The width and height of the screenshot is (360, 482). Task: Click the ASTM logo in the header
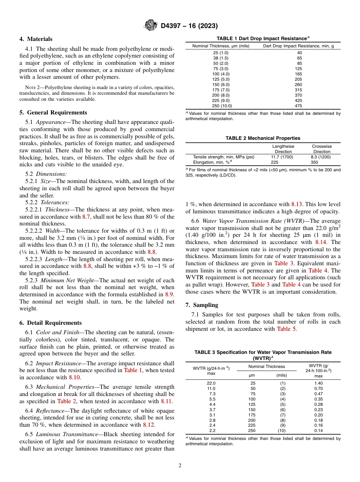point(151,26)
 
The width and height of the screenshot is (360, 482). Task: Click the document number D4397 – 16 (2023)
point(189,26)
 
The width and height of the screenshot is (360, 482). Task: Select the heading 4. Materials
point(36,39)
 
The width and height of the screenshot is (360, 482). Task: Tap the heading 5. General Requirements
point(53,113)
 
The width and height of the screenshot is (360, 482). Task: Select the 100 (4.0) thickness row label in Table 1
point(221,74)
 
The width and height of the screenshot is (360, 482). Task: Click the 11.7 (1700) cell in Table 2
point(283,156)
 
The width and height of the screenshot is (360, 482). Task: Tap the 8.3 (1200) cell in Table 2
point(322,156)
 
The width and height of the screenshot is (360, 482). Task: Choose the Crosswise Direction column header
point(322,149)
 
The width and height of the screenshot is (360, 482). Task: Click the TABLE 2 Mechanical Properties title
point(263,138)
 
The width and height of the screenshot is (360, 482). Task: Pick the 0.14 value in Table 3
point(318,431)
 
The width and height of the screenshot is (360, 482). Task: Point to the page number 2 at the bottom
point(180,466)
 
